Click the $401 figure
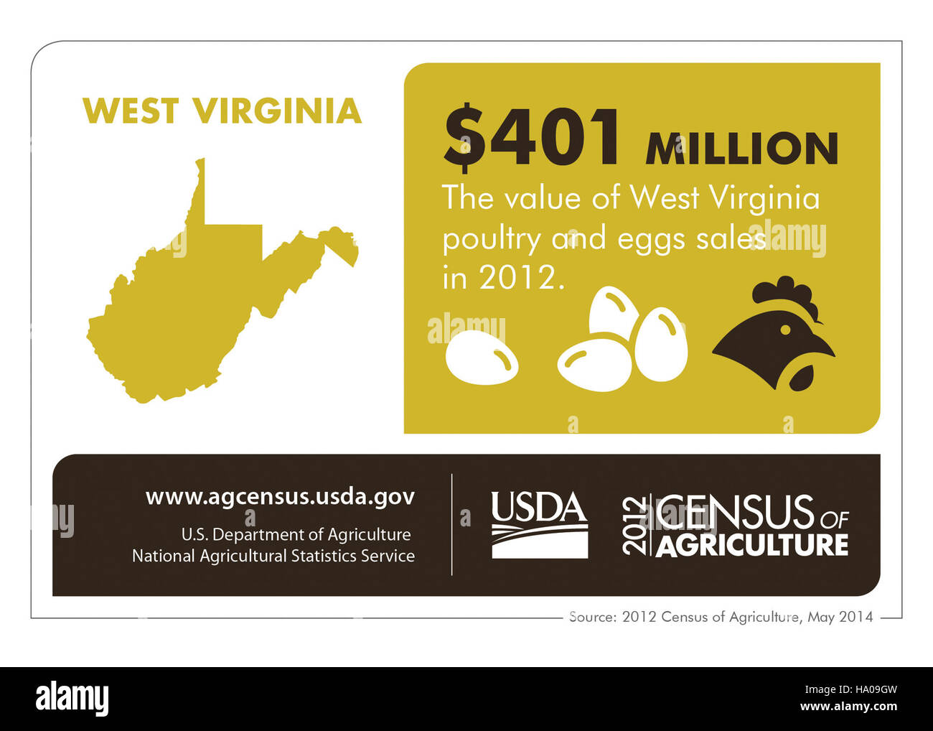click(x=532, y=138)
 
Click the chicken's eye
click(x=785, y=330)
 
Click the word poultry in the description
click(x=491, y=239)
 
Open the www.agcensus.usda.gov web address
click(x=280, y=496)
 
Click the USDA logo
click(x=539, y=524)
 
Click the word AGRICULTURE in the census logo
click(x=751, y=545)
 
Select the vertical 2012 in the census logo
click(x=634, y=525)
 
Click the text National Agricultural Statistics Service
click(x=273, y=556)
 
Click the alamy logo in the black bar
click(x=72, y=699)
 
